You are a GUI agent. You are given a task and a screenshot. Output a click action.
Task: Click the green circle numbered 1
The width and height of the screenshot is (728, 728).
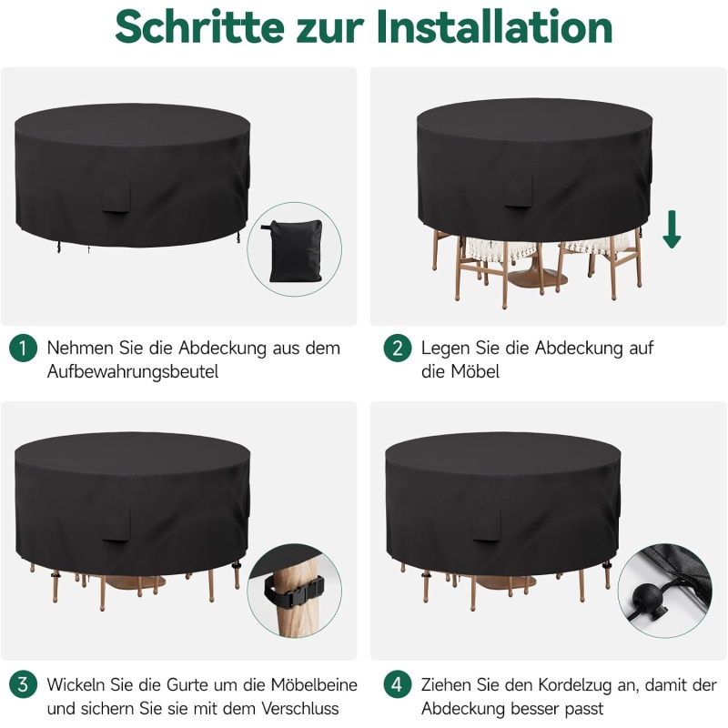click(x=23, y=349)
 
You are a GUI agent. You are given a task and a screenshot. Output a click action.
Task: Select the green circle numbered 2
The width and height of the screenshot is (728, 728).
click(x=398, y=349)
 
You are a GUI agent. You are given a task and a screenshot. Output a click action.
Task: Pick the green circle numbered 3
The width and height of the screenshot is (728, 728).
click(x=23, y=685)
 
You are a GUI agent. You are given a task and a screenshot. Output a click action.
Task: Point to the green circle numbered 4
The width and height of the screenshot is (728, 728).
click(x=398, y=685)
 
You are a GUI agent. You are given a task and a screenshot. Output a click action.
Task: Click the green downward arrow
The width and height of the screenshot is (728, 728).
click(x=672, y=229)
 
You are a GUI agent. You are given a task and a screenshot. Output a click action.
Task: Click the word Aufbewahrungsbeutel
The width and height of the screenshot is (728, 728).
click(x=133, y=372)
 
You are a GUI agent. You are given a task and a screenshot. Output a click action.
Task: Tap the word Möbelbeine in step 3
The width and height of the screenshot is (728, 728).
click(x=314, y=685)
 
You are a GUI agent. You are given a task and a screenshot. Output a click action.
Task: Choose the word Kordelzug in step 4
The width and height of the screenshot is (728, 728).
click(x=575, y=685)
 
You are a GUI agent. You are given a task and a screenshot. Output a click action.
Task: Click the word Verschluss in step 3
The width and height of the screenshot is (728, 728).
click(x=300, y=709)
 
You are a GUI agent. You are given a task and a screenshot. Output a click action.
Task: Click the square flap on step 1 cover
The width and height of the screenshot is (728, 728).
click(x=116, y=196)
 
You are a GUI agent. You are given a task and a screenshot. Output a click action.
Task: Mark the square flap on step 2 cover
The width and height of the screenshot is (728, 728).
click(x=518, y=190)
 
